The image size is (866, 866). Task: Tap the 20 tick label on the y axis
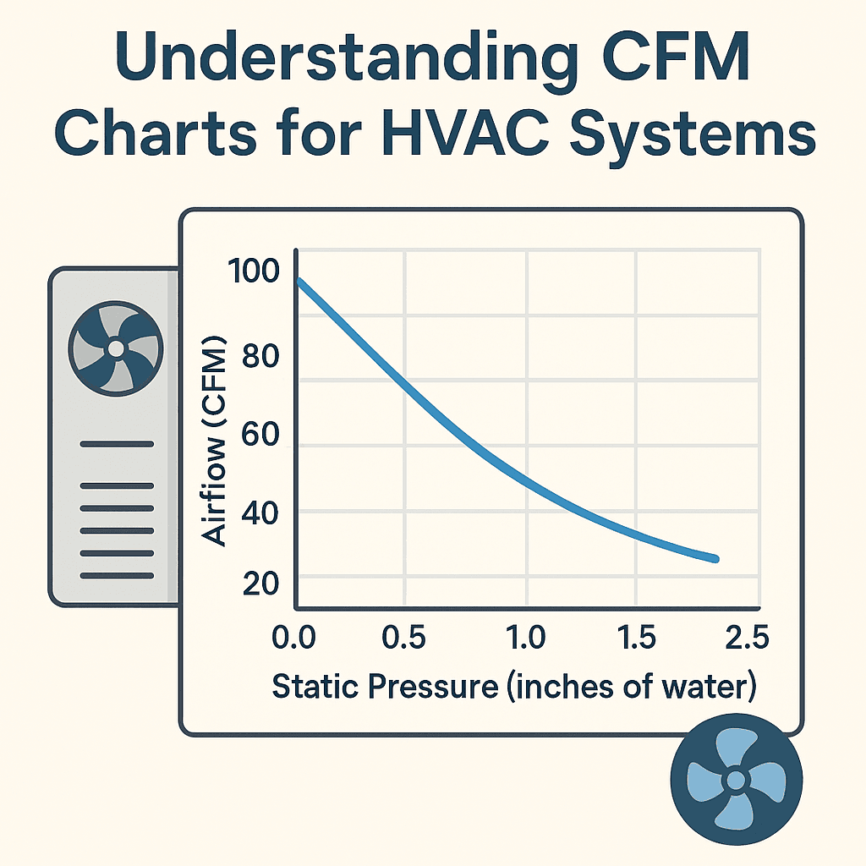pos(260,584)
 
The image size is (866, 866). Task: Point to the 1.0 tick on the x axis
pos(528,639)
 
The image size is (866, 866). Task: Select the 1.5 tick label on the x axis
pos(636,639)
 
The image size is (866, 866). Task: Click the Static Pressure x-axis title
pos(512,686)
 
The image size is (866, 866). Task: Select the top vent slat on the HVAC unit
pos(116,444)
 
